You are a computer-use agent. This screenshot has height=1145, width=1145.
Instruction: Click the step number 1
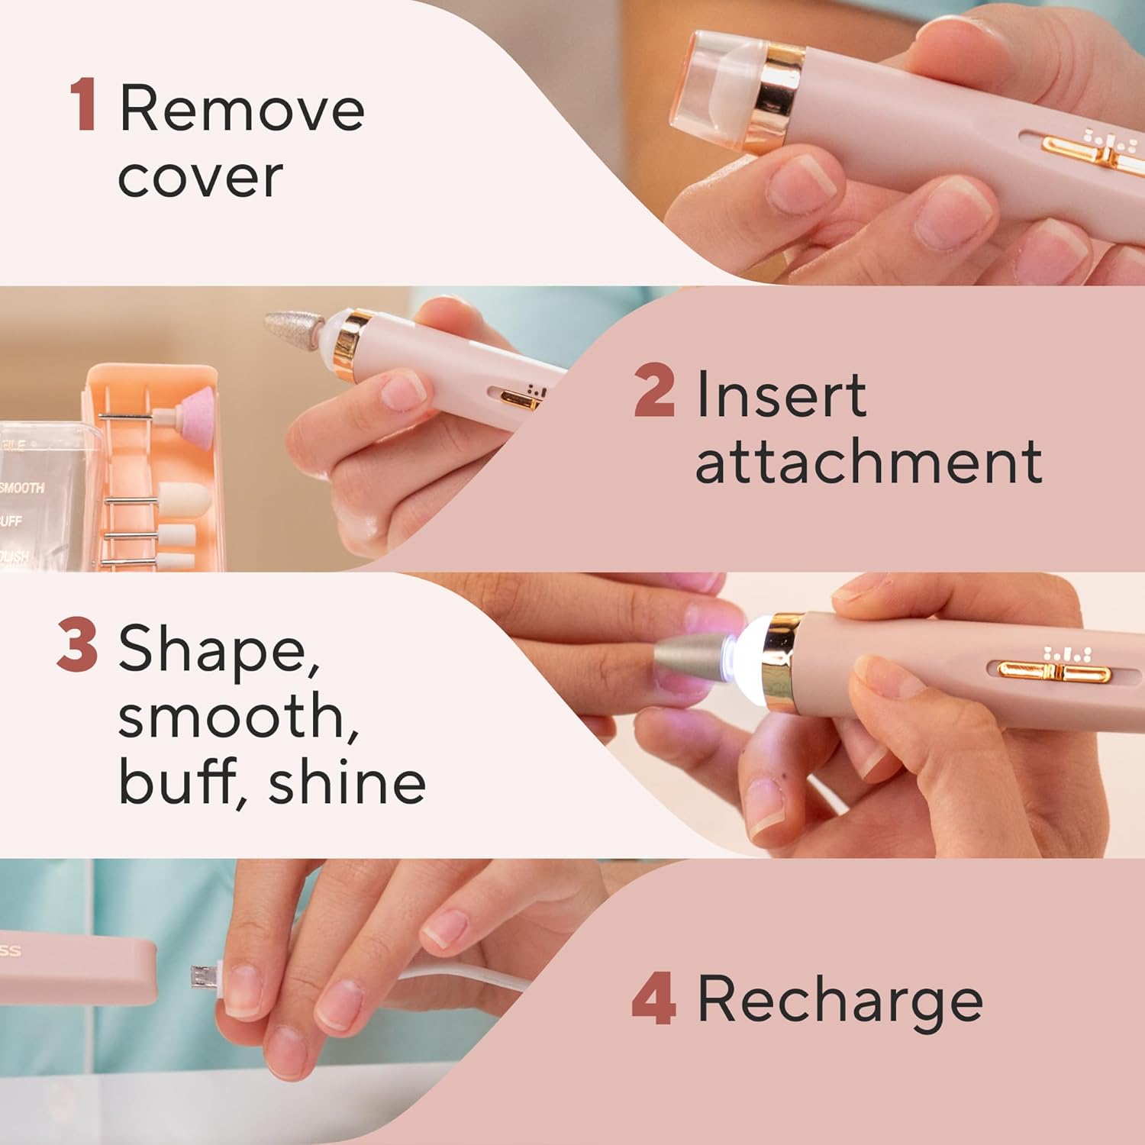click(83, 107)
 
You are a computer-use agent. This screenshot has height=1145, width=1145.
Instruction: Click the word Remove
click(242, 109)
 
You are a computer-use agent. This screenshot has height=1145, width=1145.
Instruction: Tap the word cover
click(200, 177)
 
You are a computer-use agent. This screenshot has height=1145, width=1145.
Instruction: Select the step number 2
click(654, 392)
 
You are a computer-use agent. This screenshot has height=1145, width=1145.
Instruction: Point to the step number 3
click(77, 647)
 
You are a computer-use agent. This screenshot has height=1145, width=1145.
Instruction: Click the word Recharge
click(840, 1001)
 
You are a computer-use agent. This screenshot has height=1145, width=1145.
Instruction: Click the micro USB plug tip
click(202, 976)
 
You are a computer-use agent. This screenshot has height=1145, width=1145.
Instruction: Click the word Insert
click(781, 395)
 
